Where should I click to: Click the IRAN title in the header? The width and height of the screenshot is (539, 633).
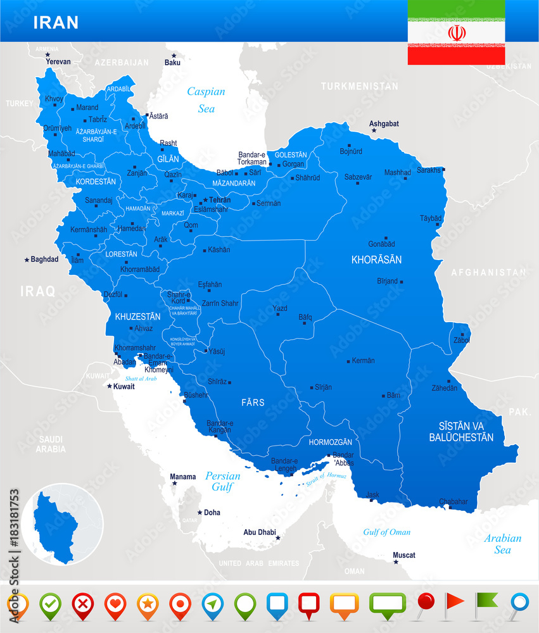[56, 22]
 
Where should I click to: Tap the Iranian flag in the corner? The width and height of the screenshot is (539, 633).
[456, 32]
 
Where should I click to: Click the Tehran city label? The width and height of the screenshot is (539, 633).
[220, 200]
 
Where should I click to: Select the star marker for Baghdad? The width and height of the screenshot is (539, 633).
[27, 260]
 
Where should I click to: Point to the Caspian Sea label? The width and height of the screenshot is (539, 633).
[206, 100]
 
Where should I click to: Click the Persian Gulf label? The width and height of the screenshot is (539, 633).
[222, 481]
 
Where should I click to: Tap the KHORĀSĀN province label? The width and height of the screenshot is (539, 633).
[376, 260]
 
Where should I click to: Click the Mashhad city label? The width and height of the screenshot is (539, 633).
[397, 172]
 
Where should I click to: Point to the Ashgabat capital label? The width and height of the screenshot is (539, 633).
[384, 123]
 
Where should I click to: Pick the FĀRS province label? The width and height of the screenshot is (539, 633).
[253, 402]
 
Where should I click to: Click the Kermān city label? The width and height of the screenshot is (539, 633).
[363, 361]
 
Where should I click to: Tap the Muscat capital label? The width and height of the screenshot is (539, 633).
[404, 555]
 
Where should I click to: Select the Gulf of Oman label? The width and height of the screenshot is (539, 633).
[386, 532]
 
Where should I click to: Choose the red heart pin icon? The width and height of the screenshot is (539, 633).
[115, 605]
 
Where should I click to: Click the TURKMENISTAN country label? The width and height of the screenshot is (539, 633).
[359, 86]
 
